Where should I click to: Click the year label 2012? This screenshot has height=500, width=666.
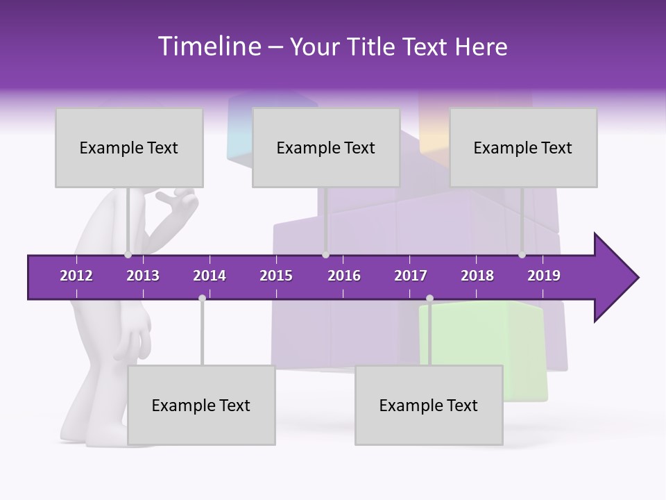point(76,276)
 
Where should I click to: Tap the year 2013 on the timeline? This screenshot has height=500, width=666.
point(143,276)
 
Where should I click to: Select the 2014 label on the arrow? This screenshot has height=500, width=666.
point(210,276)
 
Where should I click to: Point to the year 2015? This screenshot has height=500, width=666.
point(276,276)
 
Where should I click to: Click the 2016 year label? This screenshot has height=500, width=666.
point(344,276)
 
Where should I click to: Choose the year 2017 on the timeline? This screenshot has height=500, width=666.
point(411,276)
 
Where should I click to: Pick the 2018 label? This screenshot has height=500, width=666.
point(477,276)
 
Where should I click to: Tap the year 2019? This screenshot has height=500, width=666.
point(544,276)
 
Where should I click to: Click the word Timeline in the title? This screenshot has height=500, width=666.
point(208,47)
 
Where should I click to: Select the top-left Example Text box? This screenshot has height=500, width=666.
point(129,147)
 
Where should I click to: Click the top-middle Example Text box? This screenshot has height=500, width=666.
point(326,147)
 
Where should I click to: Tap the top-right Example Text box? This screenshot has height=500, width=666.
point(523,147)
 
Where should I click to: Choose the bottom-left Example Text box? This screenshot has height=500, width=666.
point(201,405)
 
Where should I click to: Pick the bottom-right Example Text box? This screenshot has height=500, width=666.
point(429,405)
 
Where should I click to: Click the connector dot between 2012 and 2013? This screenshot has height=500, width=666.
point(128,255)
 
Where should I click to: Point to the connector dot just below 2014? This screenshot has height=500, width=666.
point(202,298)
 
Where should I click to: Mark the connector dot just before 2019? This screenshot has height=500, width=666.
point(522,255)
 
